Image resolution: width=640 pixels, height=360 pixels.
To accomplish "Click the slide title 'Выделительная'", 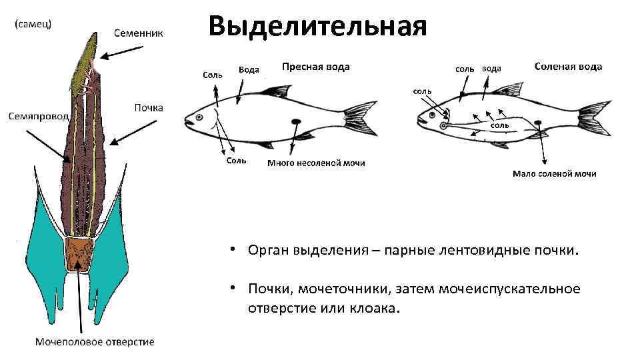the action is pyautogui.click(x=317, y=27).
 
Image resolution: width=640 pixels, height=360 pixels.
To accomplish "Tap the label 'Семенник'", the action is pyautogui.click(x=138, y=32).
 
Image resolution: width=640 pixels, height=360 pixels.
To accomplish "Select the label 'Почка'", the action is pyautogui.click(x=148, y=107).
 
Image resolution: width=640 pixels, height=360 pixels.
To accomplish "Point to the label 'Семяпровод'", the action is pyautogui.click(x=38, y=116).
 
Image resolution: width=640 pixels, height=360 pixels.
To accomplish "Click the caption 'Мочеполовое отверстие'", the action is pyautogui.click(x=95, y=342).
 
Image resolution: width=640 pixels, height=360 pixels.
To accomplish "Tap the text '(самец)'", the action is pyautogui.click(x=34, y=23).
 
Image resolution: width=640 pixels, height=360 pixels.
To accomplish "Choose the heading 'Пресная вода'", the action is pyautogui.click(x=315, y=67).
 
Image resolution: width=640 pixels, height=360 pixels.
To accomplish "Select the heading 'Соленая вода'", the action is pyautogui.click(x=568, y=67).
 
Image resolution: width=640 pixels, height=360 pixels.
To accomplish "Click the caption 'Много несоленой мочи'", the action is pyautogui.click(x=316, y=163).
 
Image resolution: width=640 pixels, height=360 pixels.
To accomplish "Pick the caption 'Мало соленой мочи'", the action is pyautogui.click(x=554, y=174).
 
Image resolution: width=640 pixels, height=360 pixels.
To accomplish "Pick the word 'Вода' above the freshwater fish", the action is pyautogui.click(x=249, y=70).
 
